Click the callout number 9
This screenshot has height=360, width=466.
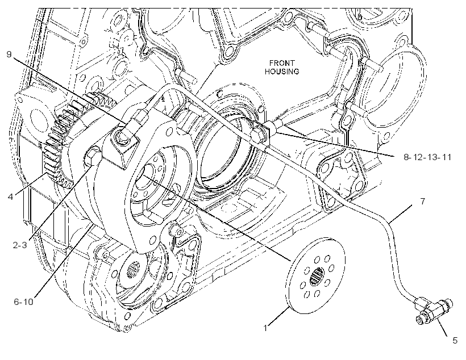point(9,55)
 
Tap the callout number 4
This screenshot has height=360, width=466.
point(11,196)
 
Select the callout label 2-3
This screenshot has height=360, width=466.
point(20,245)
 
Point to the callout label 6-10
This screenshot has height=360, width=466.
point(23,302)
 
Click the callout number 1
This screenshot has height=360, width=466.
point(265,328)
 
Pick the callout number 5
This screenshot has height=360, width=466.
point(455,340)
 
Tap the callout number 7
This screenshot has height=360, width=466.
point(423,202)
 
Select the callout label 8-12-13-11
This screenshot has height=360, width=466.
point(427,157)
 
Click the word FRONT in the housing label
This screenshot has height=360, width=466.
point(282,63)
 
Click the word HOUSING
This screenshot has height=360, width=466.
point(282,72)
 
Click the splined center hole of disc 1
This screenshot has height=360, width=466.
point(317,276)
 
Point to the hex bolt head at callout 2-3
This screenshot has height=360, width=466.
point(93,156)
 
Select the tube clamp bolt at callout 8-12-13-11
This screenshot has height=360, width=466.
point(260,133)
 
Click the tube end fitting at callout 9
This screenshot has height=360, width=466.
point(138,118)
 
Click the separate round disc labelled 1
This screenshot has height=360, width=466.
point(317,275)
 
